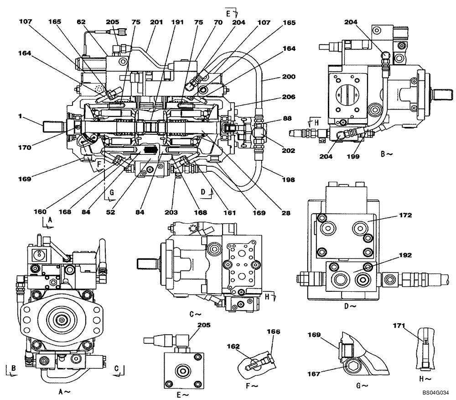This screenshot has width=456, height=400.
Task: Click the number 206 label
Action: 288,97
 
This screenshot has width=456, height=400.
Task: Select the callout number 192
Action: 405,256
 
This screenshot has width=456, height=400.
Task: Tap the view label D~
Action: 350,306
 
